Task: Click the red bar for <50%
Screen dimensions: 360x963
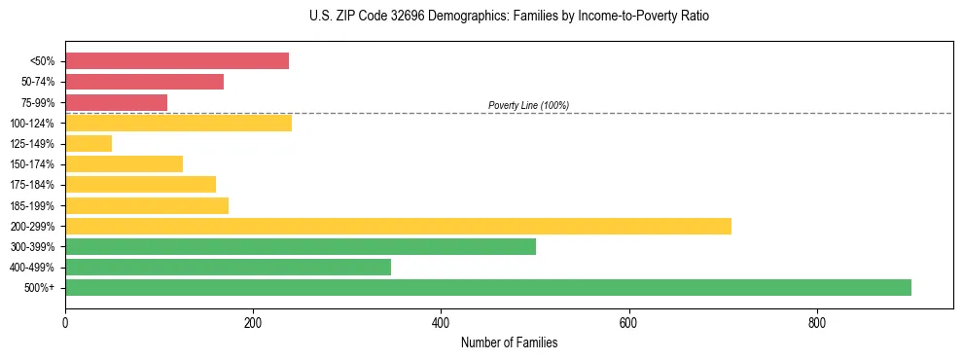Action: click(177, 61)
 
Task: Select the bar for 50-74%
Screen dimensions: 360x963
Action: click(144, 82)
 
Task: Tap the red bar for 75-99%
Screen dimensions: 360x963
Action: click(116, 102)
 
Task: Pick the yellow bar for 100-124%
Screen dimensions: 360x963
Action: click(178, 123)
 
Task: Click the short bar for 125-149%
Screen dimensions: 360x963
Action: click(89, 143)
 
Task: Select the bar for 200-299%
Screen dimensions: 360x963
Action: click(398, 226)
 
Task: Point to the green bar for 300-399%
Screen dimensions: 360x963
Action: click(301, 246)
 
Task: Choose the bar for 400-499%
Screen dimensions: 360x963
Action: click(228, 267)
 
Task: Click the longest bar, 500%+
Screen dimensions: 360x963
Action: click(488, 287)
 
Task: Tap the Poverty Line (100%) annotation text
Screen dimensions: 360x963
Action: click(528, 105)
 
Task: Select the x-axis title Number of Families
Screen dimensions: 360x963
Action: click(509, 342)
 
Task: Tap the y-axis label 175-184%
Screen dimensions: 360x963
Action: click(32, 185)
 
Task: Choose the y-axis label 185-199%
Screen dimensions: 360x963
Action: click(32, 205)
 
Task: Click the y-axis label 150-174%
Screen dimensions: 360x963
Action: click(32, 164)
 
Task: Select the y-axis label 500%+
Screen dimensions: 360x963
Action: click(40, 288)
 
